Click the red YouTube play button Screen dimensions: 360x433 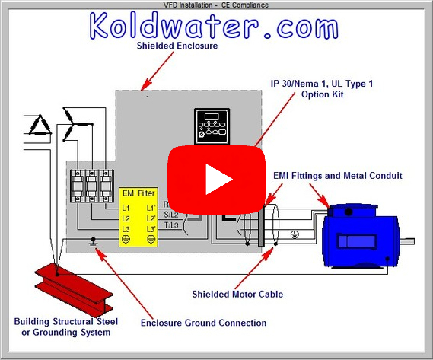pyautogui.click(x=216, y=178)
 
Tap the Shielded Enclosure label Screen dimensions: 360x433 pyautogui.click(x=177, y=46)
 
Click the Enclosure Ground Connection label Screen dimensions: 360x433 pyautogui.click(x=203, y=323)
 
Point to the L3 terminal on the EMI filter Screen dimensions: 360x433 pyautogui.click(x=127, y=228)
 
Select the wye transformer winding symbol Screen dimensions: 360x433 pyautogui.click(x=77, y=122)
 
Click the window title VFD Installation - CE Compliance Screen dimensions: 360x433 pyautogui.click(x=216, y=5)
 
